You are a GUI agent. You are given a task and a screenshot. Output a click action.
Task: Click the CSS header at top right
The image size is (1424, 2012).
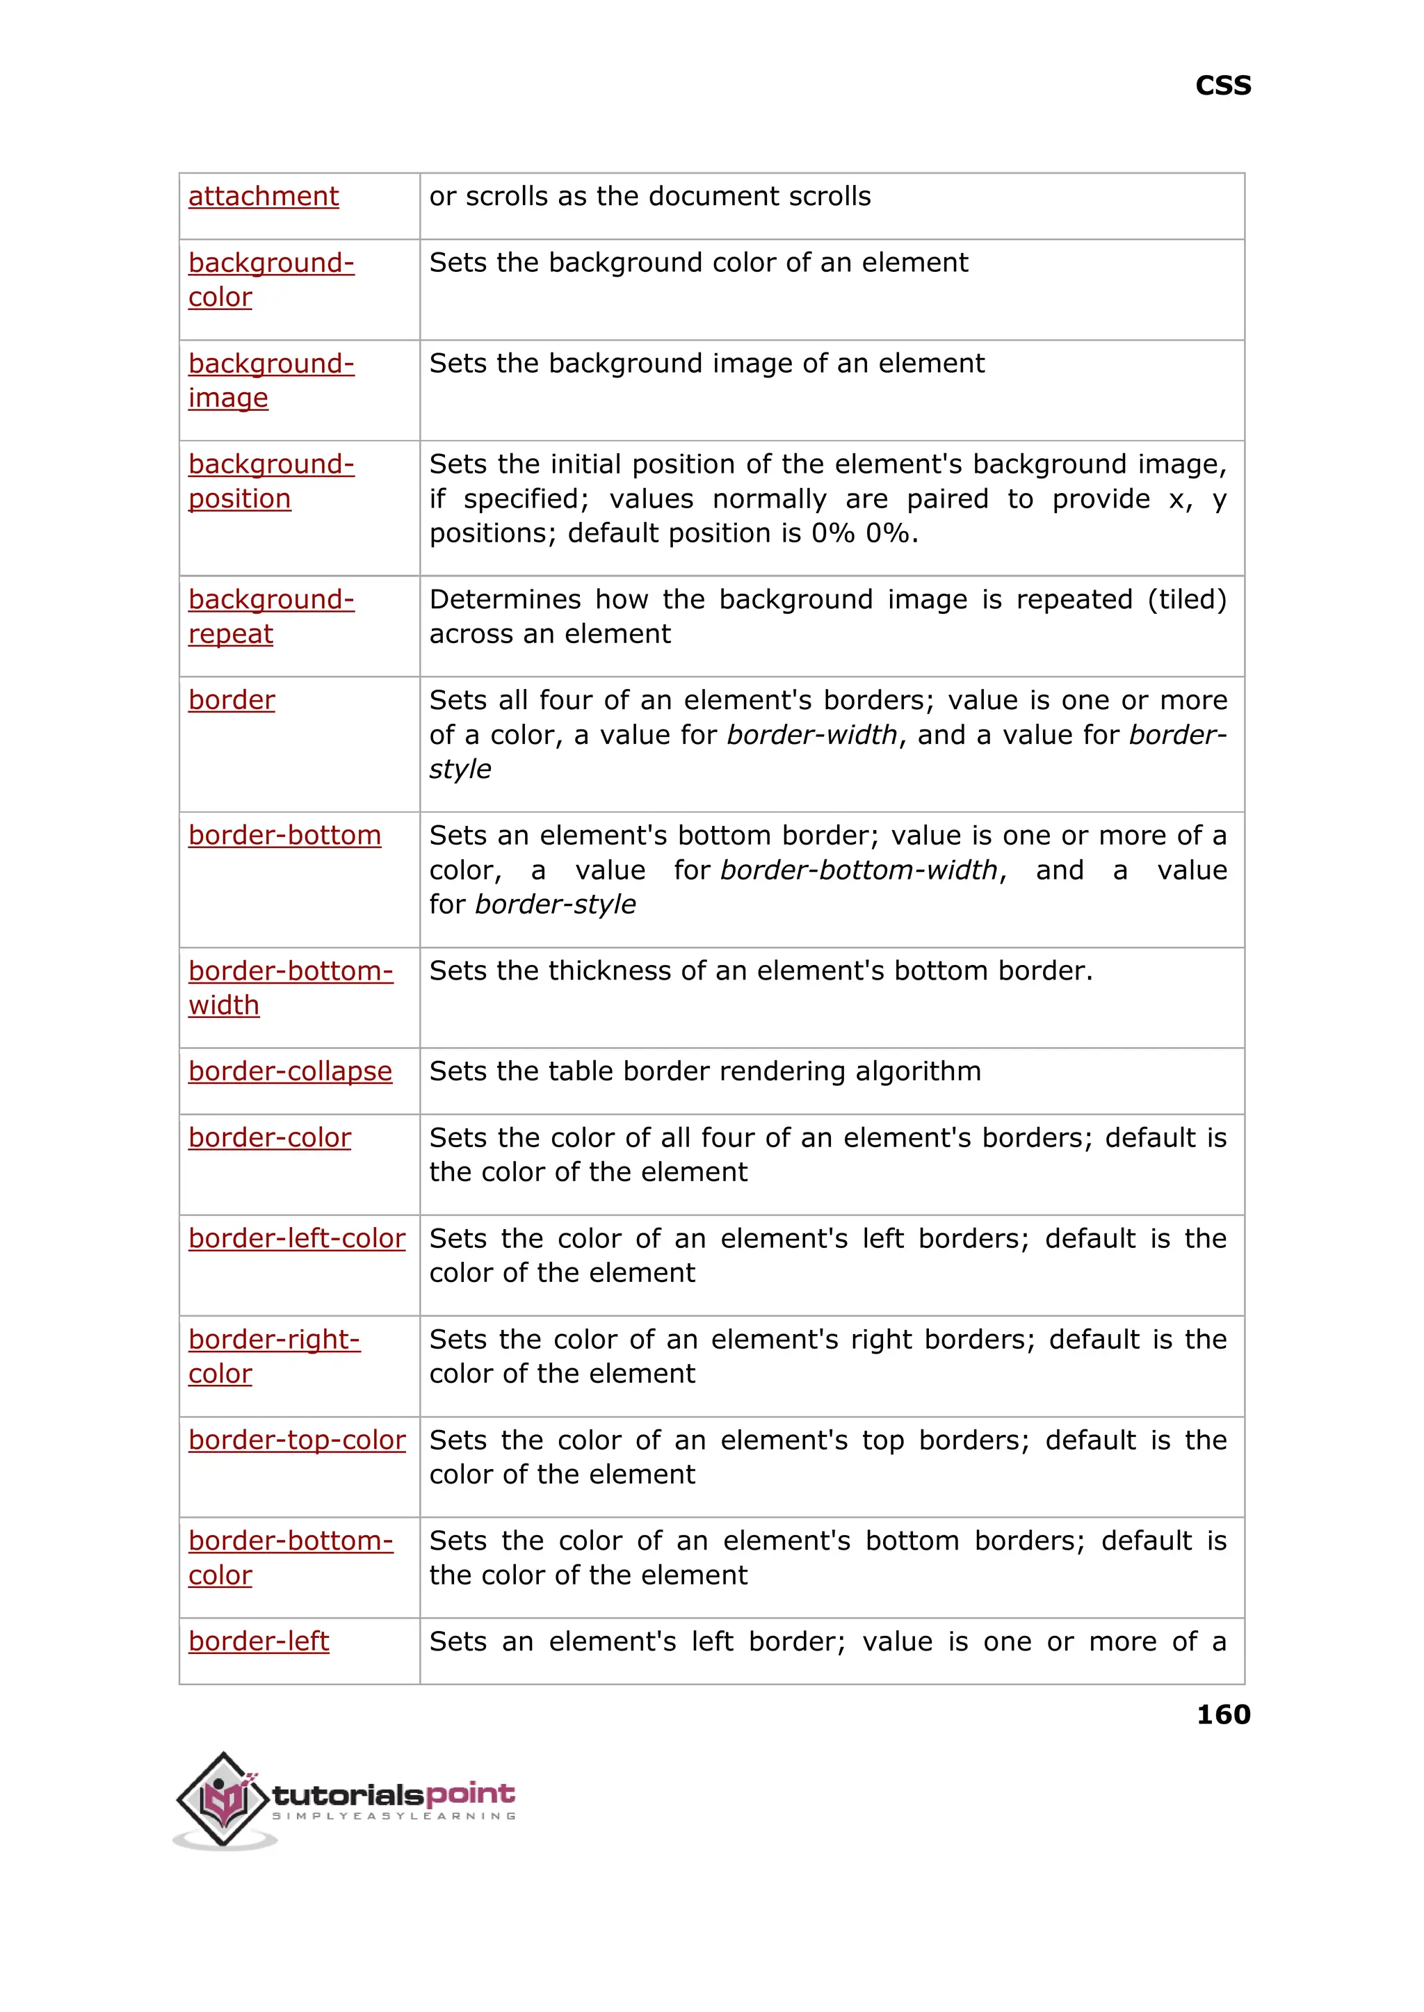click(1222, 86)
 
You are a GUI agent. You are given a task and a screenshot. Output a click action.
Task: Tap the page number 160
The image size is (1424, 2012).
click(1222, 1713)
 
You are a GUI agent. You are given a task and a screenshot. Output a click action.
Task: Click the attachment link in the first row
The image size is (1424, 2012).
click(263, 196)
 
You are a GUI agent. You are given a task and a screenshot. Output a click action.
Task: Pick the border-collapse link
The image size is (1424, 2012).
click(289, 1071)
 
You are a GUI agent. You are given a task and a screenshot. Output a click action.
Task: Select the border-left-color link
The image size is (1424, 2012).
click(296, 1239)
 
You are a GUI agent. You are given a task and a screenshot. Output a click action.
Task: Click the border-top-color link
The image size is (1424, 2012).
click(296, 1440)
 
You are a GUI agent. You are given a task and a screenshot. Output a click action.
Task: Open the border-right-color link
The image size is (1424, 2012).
click(273, 1356)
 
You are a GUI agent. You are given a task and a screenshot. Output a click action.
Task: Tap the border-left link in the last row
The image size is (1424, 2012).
click(259, 1641)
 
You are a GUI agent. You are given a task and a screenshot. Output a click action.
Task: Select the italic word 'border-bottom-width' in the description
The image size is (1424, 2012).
click(859, 870)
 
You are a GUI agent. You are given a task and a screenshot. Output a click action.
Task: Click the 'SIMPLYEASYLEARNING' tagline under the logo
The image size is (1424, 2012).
click(394, 1816)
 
